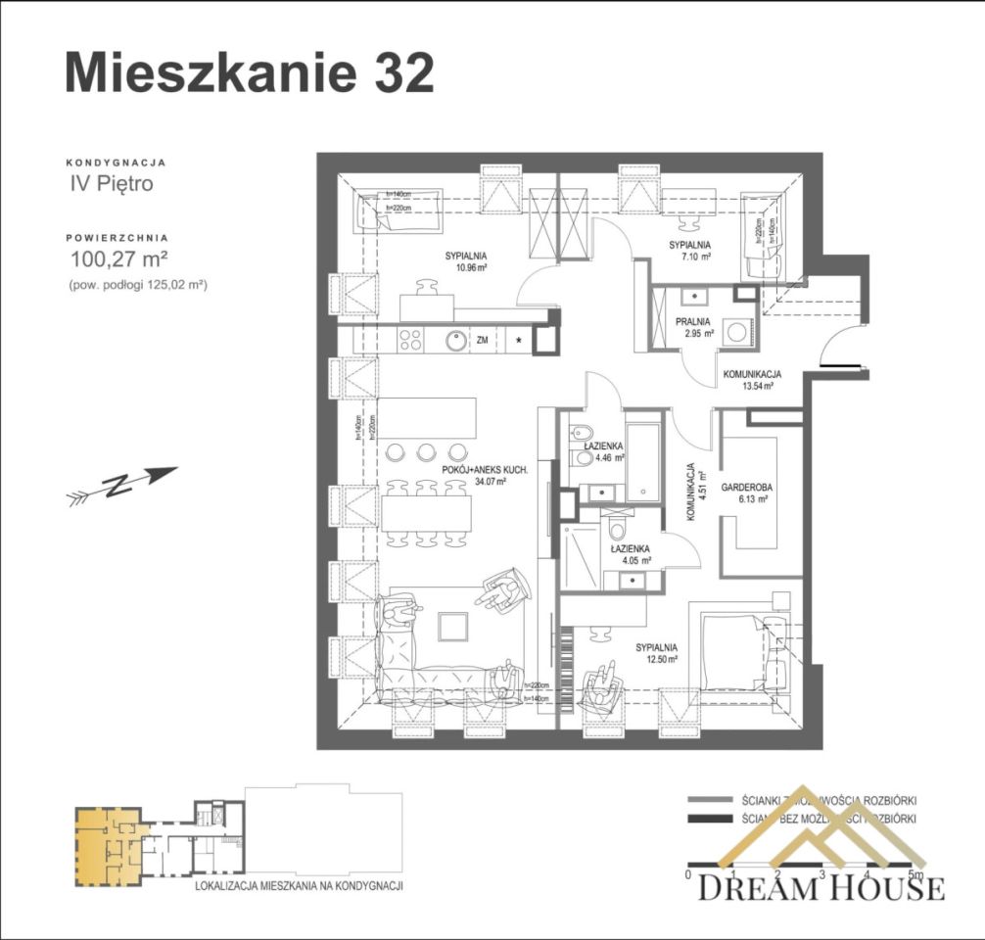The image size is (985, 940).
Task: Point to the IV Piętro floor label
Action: tap(111, 183)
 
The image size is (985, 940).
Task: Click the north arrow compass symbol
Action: tap(121, 484)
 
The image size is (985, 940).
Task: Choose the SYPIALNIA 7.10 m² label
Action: tap(689, 250)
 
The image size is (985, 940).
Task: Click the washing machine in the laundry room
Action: tap(735, 331)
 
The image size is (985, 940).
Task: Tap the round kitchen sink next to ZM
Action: tap(455, 341)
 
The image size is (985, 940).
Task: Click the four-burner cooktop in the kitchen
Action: tap(410, 341)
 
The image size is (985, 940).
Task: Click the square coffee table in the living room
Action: tap(453, 626)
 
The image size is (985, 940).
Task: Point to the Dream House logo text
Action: tap(821, 887)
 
